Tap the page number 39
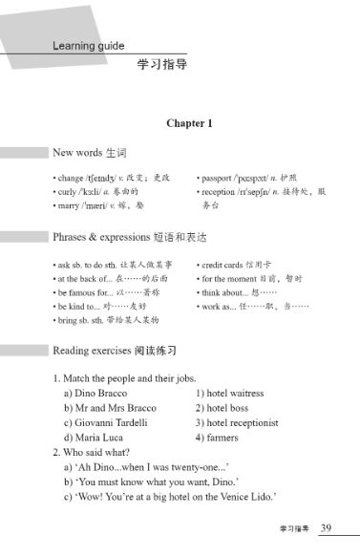[326, 527]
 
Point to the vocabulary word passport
[219, 178]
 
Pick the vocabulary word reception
[221, 191]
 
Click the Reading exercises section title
[115, 351]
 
